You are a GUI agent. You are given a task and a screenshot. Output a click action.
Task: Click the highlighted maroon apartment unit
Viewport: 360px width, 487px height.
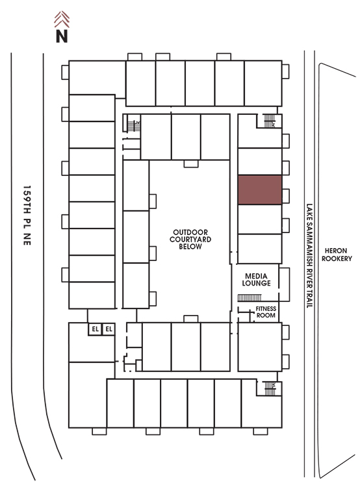pyautogui.click(x=260, y=190)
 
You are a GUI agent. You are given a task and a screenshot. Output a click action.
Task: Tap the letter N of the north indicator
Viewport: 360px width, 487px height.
pyautogui.click(x=62, y=36)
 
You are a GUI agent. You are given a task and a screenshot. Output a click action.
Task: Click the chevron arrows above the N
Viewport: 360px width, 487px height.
pyautogui.click(x=62, y=19)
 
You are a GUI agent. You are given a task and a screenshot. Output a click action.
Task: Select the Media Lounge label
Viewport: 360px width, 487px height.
pyautogui.click(x=256, y=279)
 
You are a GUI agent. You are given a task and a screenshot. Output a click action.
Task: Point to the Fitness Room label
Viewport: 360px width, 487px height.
pyautogui.click(x=266, y=312)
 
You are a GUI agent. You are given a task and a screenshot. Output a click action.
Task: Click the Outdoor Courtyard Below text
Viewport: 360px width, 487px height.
pyautogui.click(x=190, y=239)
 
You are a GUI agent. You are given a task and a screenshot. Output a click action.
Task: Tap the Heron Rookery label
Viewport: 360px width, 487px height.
pyautogui.click(x=337, y=255)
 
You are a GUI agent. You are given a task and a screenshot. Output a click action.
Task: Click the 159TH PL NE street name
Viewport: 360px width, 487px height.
pyautogui.click(x=27, y=215)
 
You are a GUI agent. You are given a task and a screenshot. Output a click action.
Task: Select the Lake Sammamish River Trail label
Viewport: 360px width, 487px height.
pyautogui.click(x=309, y=256)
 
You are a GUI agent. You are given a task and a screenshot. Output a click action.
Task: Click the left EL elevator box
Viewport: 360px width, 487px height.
pyautogui.click(x=95, y=329)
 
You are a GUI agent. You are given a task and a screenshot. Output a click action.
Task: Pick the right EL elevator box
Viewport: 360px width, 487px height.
pyautogui.click(x=109, y=329)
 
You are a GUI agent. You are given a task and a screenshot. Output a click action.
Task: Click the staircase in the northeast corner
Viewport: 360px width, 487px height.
pyautogui.click(x=270, y=121)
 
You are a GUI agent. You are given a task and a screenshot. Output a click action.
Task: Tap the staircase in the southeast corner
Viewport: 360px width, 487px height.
pyautogui.click(x=270, y=388)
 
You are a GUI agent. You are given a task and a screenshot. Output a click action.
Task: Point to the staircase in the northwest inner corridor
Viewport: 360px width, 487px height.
pyautogui.click(x=134, y=126)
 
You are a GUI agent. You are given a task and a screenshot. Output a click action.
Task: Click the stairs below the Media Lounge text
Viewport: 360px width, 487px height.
pyautogui.click(x=250, y=298)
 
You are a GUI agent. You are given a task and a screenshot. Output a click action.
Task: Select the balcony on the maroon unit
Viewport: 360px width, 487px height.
pyautogui.click(x=286, y=196)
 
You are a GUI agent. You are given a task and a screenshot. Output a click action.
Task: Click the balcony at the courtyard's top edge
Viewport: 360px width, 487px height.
pyautogui.click(x=191, y=164)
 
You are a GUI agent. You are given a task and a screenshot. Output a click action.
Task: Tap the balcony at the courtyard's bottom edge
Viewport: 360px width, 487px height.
pyautogui.click(x=191, y=319)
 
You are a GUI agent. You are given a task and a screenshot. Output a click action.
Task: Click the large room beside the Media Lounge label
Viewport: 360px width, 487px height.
pyautogui.click(x=284, y=284)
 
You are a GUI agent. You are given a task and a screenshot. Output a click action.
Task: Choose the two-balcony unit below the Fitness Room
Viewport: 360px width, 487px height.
pyautogui.click(x=260, y=347)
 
